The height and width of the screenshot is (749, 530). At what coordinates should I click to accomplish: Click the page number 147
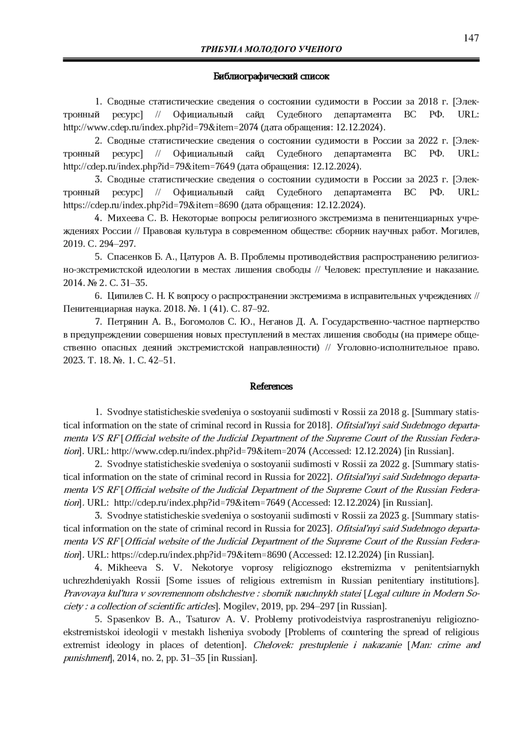pos(471,38)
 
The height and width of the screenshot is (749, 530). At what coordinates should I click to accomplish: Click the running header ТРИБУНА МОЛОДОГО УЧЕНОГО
pos(271,49)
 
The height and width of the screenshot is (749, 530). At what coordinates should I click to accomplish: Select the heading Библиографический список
pos(271,76)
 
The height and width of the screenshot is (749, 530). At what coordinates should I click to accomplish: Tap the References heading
pos(271,387)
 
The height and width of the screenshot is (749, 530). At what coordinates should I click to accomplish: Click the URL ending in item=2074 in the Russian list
pos(161,128)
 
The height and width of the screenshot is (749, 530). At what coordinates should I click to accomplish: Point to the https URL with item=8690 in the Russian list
pos(151,205)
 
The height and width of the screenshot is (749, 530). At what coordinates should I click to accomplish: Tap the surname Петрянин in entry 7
pos(128,322)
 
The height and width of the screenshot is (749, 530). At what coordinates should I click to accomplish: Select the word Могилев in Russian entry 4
pos(461,231)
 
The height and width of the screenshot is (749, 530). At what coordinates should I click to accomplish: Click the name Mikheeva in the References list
pos(127,568)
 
